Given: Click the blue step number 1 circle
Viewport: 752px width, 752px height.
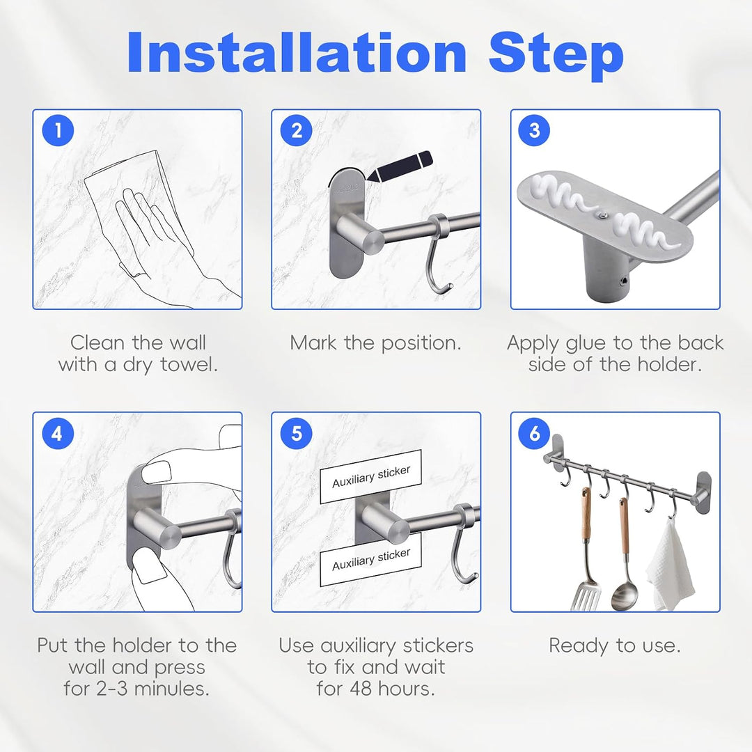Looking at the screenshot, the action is point(58,130).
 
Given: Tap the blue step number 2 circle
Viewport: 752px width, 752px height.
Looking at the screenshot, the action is point(297,130).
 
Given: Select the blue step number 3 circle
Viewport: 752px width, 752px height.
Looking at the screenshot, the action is point(535,130).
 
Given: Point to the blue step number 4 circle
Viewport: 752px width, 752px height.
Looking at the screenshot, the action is point(58,433).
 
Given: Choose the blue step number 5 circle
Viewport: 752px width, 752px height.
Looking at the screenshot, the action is point(297,433).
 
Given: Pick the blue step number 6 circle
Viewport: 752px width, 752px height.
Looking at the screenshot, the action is point(535,433).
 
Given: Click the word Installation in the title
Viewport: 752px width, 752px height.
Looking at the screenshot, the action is point(297,53).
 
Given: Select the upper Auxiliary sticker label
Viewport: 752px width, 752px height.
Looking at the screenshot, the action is point(370,476).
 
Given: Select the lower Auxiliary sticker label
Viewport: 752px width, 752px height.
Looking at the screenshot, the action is point(370,560).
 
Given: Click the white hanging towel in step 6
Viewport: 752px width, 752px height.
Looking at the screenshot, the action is point(670,566).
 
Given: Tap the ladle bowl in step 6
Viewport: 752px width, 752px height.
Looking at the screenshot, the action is point(625,595).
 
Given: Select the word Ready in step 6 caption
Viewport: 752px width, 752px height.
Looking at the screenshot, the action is point(578,646).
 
